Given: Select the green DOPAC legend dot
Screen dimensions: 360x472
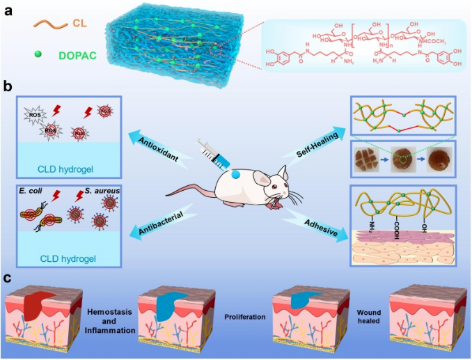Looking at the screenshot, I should click(x=40, y=54).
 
